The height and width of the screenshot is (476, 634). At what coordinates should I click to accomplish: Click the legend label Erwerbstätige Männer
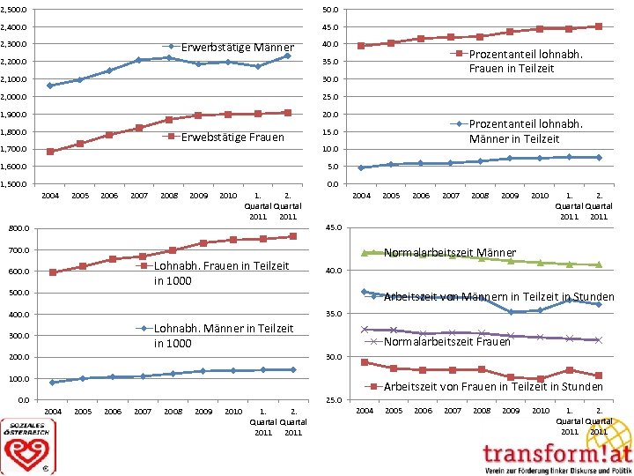point(237,47)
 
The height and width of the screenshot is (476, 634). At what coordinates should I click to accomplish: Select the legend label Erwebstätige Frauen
point(232,137)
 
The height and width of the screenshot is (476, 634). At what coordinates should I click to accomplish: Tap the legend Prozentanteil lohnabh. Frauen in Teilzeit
point(525,61)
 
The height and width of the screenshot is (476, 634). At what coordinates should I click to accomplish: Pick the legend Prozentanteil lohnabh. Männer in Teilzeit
point(525,131)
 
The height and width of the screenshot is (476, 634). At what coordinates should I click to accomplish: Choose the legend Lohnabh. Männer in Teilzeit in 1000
point(224,336)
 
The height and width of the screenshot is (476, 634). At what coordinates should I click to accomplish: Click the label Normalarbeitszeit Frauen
point(447,341)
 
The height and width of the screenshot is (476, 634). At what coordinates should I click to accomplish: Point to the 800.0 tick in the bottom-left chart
point(18,228)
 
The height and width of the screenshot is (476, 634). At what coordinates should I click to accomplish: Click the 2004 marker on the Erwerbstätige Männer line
point(50,86)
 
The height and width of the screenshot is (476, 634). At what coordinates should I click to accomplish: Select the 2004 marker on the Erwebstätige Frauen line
point(50,152)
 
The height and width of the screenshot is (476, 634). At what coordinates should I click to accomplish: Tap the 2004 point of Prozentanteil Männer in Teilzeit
point(361,167)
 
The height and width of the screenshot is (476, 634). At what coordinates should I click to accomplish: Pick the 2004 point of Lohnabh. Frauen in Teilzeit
point(53,272)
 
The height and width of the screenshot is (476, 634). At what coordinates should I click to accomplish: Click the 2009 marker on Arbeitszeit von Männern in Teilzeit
point(511,312)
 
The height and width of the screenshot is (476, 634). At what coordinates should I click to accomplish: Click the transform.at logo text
point(557,454)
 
